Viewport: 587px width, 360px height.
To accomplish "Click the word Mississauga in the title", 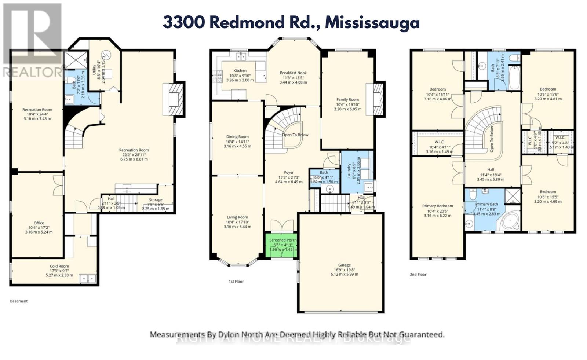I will [x=372, y=23].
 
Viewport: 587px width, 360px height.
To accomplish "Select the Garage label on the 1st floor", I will [x=344, y=265].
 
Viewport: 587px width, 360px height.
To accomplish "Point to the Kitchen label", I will [x=240, y=71].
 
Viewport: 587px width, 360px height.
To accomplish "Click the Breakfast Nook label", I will [x=293, y=73].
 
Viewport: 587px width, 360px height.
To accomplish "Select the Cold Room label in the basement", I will [x=59, y=267].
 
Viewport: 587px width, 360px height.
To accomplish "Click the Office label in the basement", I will [x=39, y=223].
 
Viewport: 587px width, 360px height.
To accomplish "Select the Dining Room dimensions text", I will [x=237, y=146].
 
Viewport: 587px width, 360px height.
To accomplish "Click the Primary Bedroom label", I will [x=437, y=206].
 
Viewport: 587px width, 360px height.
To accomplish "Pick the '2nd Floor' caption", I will [x=418, y=275].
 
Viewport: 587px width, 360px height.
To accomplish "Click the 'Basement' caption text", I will [x=18, y=301].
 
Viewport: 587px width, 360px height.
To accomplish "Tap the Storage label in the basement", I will [x=156, y=200].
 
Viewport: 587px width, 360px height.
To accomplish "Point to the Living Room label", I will [x=237, y=217].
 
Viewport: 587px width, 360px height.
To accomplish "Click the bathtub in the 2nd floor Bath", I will [x=514, y=77].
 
